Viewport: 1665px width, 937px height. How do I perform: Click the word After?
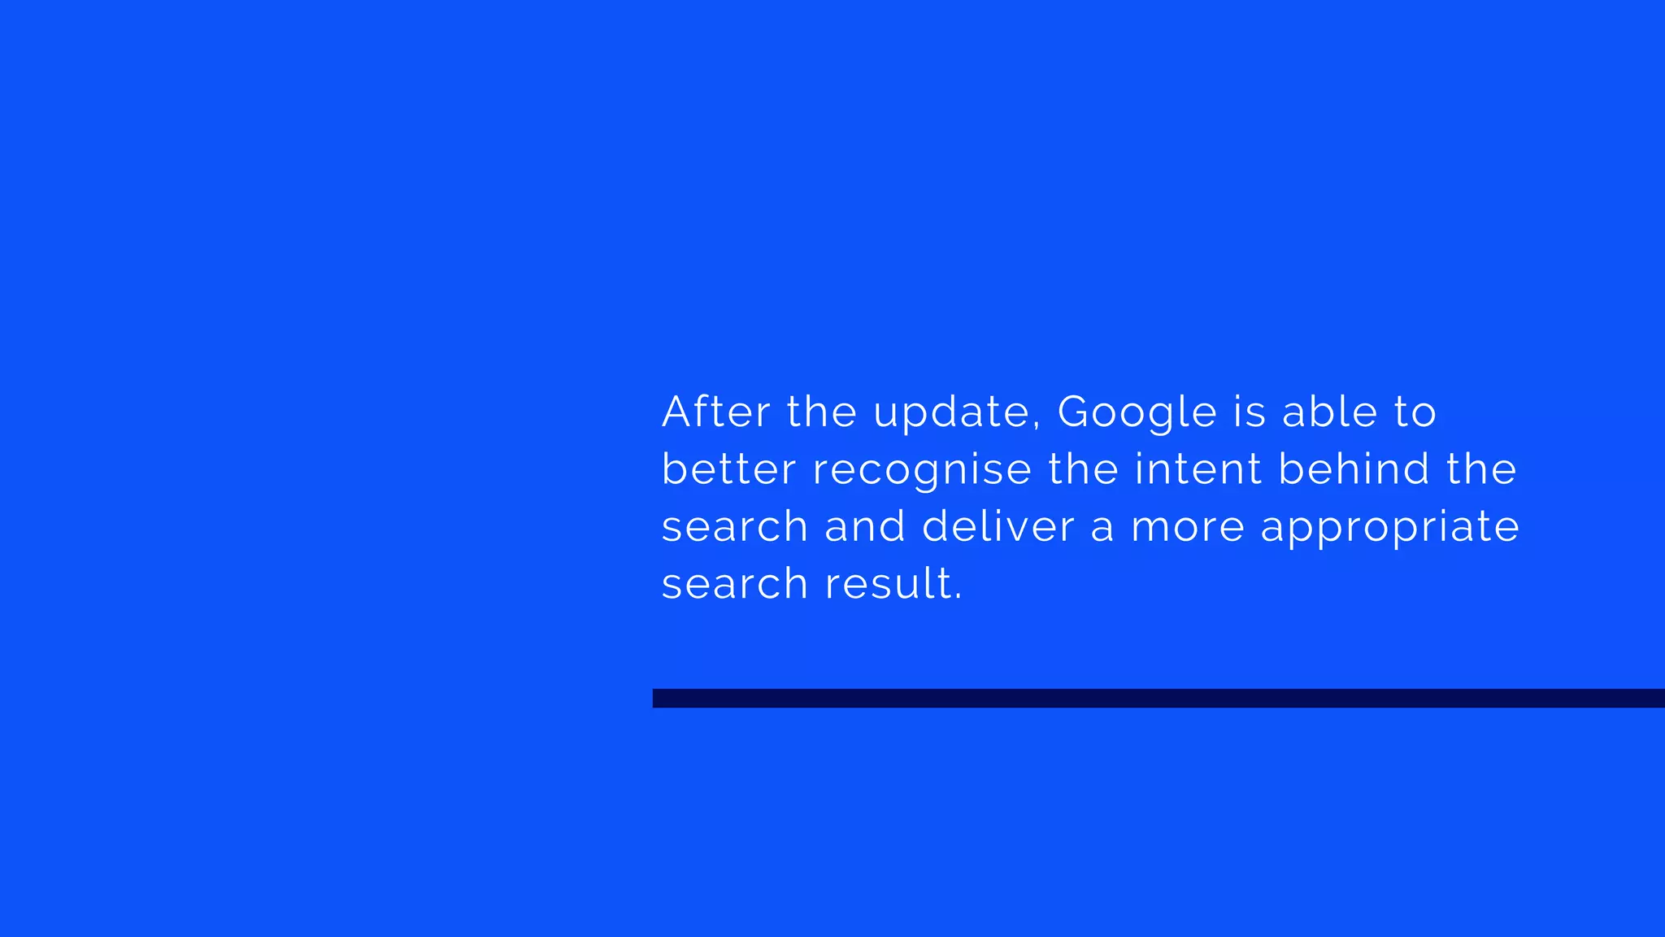715,412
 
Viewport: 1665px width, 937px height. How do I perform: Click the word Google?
1137,413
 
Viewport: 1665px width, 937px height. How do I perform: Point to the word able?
1329,412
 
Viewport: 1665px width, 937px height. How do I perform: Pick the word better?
728,469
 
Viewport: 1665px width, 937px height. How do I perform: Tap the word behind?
1354,469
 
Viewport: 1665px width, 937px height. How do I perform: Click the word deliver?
998,526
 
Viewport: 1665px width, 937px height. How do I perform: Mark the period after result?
959,598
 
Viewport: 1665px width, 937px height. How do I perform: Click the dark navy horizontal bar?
1158,698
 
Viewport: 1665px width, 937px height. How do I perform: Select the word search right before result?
734,584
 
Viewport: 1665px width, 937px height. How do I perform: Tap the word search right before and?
734,526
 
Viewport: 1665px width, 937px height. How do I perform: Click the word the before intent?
1083,469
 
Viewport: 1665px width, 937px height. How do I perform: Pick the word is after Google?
1250,412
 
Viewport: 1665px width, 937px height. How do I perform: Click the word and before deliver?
865,526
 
